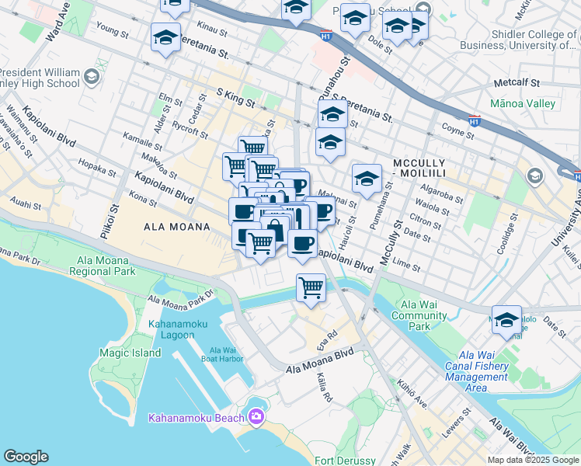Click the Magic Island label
point(130,353)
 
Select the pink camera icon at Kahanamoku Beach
point(256,418)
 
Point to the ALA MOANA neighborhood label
point(177,227)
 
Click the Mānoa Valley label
point(523,103)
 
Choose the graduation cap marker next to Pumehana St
point(366,179)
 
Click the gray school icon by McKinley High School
point(92,75)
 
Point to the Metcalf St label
point(517,82)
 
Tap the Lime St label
point(406,266)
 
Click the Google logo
point(26,457)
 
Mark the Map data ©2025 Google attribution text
point(533,460)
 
